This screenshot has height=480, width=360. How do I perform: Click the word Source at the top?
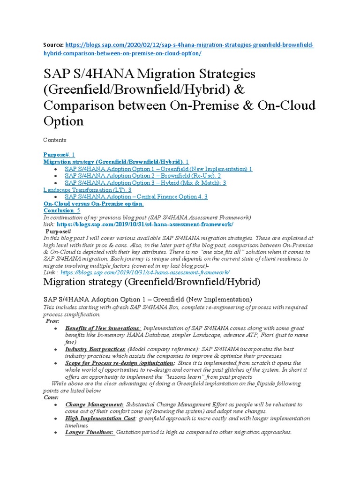52,45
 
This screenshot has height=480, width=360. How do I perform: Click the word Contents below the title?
55,140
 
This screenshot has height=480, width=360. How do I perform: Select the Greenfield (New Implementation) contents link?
158,169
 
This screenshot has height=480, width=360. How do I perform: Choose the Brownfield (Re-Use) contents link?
142,176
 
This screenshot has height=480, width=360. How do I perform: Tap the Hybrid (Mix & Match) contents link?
145,183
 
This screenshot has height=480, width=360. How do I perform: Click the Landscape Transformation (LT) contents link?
87,190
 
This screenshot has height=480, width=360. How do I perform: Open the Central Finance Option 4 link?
136,197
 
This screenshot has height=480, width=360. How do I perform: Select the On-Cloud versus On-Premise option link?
93,204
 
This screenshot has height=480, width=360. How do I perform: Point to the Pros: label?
52,321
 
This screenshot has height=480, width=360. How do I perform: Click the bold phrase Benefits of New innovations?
102,328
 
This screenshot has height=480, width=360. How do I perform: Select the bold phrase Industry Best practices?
95,350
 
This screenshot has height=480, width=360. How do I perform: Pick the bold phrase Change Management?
94,404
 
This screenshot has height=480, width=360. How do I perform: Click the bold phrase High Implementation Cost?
100,418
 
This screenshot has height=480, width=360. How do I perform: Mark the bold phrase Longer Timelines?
90,432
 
